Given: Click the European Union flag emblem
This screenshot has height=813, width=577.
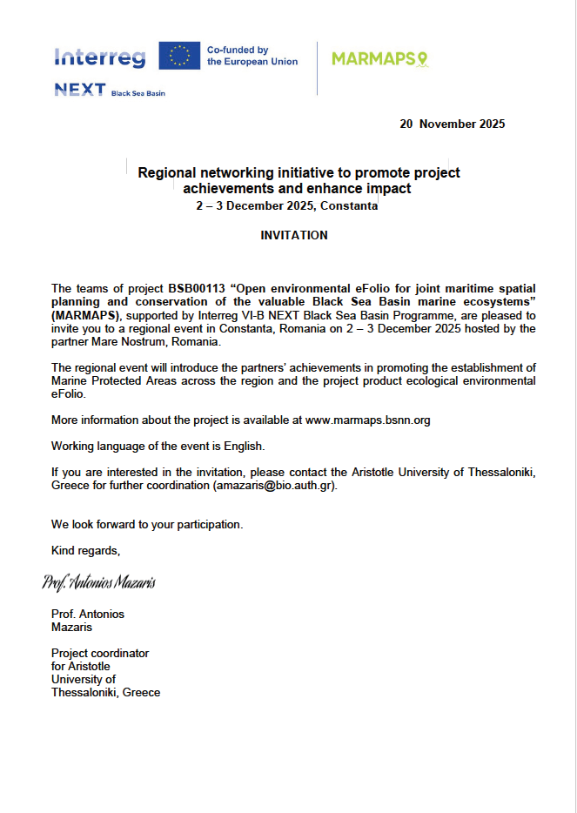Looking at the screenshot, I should (179, 56).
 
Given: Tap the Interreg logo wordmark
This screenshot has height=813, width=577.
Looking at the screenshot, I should (100, 57).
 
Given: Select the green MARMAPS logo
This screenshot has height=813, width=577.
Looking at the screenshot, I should (380, 58).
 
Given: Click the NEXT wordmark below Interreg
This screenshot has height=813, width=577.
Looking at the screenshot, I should (79, 90).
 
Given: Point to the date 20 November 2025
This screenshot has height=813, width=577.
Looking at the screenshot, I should (452, 124).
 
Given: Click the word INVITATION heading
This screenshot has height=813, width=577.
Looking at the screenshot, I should (294, 235).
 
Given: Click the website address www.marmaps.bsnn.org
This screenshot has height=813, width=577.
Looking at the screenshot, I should (367, 420).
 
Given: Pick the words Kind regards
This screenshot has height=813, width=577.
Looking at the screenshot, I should (85, 550).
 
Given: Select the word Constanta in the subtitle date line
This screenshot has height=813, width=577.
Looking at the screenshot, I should (349, 206).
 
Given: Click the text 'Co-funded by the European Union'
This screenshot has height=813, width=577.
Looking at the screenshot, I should (252, 56).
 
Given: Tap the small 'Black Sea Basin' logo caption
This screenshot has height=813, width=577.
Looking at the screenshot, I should (138, 93).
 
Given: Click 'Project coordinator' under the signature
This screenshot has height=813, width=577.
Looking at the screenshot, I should (100, 653).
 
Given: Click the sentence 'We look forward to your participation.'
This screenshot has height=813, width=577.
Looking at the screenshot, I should (147, 525).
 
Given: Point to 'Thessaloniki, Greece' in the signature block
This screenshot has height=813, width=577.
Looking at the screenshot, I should (105, 692).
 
